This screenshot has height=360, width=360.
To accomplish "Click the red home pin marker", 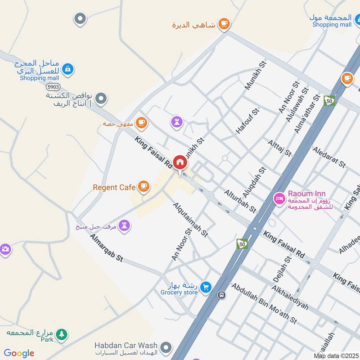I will point(180,162).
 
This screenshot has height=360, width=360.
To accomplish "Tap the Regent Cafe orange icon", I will point(144,186).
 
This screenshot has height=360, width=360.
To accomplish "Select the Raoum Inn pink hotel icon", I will point(279,198).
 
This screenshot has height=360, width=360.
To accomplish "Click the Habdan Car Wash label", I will point(126,346).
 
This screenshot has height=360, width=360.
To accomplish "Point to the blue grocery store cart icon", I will point(206,286).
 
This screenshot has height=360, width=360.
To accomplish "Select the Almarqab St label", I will point(106,248).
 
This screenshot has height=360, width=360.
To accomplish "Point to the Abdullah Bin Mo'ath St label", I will point(264,303).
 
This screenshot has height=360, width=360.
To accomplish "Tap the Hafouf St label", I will point(248,120).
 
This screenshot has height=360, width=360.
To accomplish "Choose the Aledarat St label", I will point(328,157).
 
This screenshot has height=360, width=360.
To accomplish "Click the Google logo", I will point(19,353).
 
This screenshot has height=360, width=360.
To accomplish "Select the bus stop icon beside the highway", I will point(221,295).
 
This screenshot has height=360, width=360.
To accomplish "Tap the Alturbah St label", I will point(240,201).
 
